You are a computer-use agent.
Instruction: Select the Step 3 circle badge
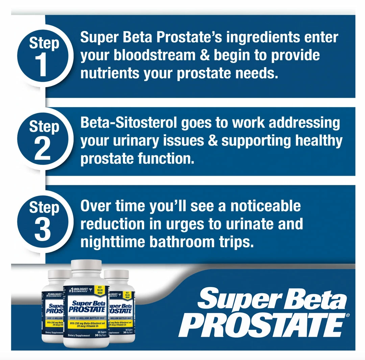pyautogui.click(x=44, y=221)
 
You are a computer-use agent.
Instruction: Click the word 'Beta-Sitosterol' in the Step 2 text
pyautogui.click(x=129, y=123)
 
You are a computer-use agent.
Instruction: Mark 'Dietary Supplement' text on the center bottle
pyautogui.click(x=79, y=335)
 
